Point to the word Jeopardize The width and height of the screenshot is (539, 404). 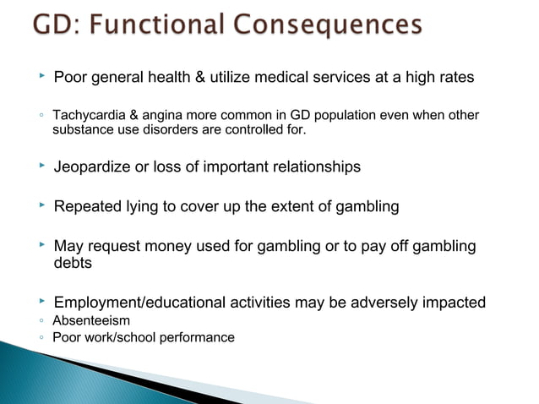(x=92, y=167)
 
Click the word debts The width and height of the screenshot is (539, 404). (x=73, y=263)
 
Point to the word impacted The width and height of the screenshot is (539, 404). (x=452, y=303)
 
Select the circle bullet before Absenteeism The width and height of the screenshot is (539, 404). (x=41, y=322)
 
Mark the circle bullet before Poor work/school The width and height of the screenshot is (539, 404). (x=41, y=339)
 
